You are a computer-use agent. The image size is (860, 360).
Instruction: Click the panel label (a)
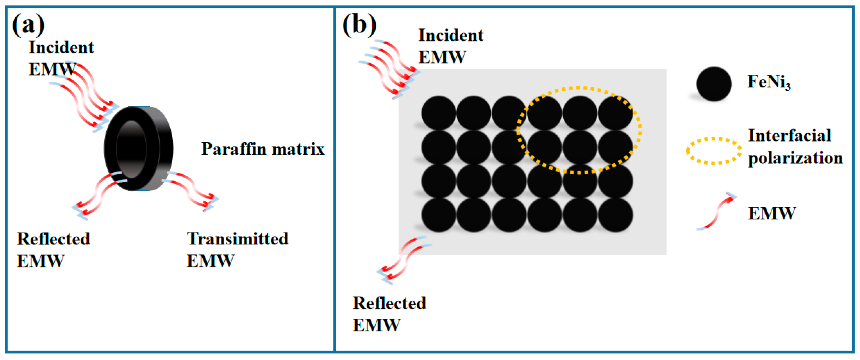tap(28, 25)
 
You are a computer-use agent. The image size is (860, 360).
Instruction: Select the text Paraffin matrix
tap(263, 149)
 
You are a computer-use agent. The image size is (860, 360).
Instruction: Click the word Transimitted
tap(237, 239)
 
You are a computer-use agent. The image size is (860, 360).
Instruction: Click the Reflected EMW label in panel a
tap(53, 250)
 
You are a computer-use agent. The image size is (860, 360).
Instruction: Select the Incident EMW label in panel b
tap(451, 46)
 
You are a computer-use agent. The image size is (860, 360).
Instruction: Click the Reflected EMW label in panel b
tap(389, 314)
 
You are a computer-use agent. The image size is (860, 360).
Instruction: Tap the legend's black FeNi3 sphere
tap(714, 84)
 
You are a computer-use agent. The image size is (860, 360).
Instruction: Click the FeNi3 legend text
tap(768, 82)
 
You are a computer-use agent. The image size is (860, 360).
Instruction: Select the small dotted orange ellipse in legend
tap(714, 151)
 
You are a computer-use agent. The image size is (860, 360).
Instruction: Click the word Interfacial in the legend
tap(789, 136)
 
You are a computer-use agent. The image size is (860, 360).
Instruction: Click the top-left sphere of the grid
tap(438, 113)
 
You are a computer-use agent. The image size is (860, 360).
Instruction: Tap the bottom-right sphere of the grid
tap(615, 215)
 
